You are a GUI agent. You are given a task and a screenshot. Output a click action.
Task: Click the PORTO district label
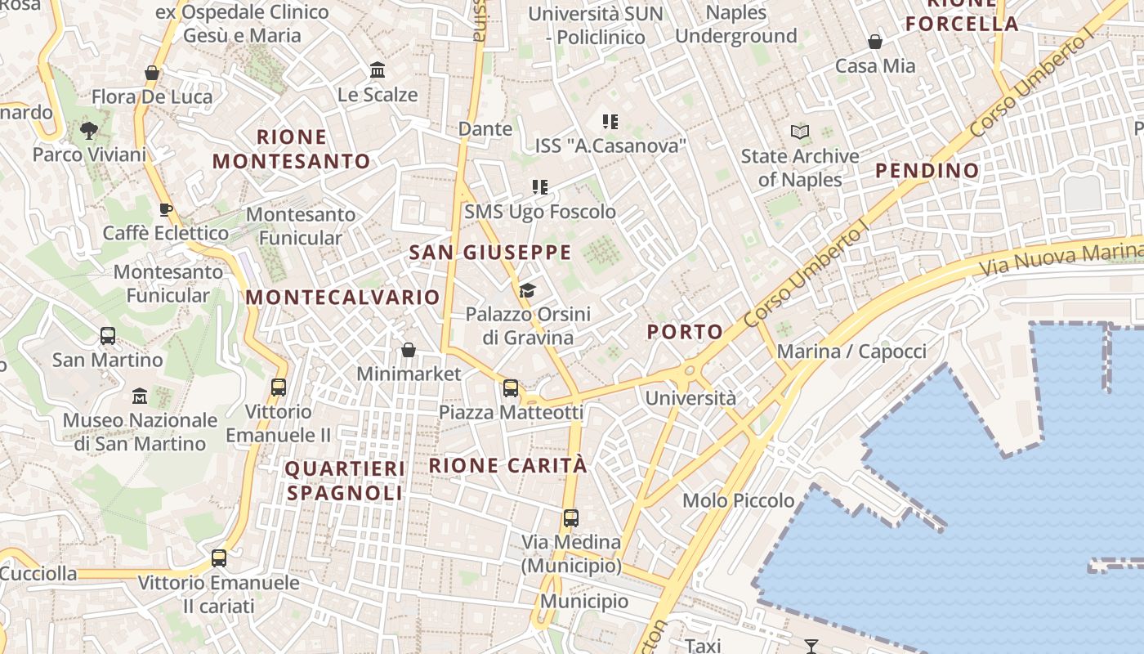click(x=685, y=332)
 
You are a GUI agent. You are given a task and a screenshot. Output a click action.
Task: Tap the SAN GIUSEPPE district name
click(x=490, y=253)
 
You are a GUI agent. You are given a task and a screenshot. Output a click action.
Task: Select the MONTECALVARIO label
click(x=343, y=298)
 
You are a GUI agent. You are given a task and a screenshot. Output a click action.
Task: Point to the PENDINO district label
click(x=927, y=171)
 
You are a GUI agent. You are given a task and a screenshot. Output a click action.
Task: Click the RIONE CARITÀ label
click(x=508, y=466)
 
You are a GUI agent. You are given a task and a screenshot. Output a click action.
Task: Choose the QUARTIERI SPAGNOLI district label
click(x=345, y=482)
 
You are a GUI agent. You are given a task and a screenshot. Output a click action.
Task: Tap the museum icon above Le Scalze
click(x=378, y=70)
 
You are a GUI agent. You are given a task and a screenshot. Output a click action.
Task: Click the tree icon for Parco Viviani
click(x=89, y=130)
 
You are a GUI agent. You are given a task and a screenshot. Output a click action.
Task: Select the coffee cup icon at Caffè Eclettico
click(x=166, y=209)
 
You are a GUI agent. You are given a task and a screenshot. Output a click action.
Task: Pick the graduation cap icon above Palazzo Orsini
click(x=528, y=290)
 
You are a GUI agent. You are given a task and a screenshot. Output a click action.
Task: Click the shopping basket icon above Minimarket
click(x=409, y=350)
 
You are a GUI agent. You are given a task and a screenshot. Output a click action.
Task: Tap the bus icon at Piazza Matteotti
click(x=511, y=388)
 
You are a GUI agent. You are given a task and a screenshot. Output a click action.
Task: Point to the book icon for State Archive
click(x=800, y=132)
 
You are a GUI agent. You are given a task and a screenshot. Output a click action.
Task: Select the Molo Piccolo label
click(x=739, y=500)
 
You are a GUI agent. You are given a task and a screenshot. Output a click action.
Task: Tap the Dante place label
click(x=485, y=129)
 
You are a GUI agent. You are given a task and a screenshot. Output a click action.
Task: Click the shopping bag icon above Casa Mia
click(x=875, y=41)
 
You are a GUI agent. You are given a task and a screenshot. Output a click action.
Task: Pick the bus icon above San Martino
click(x=108, y=336)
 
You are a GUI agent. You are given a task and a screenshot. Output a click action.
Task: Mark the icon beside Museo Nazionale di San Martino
click(x=140, y=396)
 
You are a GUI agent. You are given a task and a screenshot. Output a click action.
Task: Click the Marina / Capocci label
click(x=851, y=352)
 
